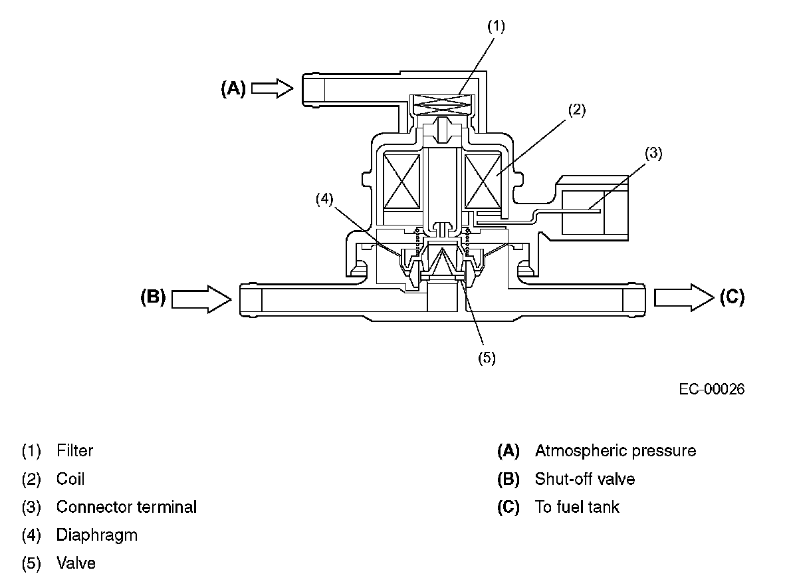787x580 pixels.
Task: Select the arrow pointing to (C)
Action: [683, 297]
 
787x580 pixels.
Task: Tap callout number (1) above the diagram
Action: [496, 27]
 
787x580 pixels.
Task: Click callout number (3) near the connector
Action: [653, 154]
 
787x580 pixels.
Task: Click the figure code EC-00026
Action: [711, 389]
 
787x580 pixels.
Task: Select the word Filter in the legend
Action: [74, 451]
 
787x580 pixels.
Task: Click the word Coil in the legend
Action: [70, 479]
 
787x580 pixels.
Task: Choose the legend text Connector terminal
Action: [126, 507]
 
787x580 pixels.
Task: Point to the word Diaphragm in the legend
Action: [96, 535]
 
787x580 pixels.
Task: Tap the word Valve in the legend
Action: [76, 563]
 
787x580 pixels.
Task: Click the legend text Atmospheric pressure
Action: [615, 451]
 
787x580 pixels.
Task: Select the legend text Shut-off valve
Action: [584, 479]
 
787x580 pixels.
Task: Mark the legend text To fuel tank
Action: [576, 507]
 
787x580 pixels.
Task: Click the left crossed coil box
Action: [402, 180]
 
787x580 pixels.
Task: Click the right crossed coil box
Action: [483, 180]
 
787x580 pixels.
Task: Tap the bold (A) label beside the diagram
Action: [233, 89]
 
